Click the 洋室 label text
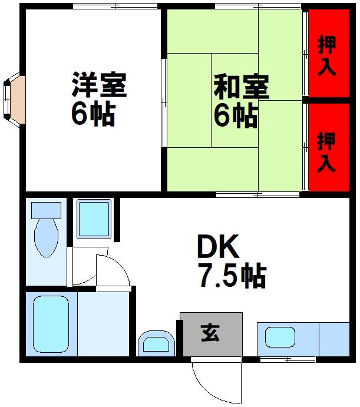pos(98,86)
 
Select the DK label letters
pos(217,248)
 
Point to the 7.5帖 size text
pos(232,275)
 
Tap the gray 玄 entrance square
pos(211,333)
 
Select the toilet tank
pos(46,210)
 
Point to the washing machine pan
pos(94,219)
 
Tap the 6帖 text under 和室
pos(235,116)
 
